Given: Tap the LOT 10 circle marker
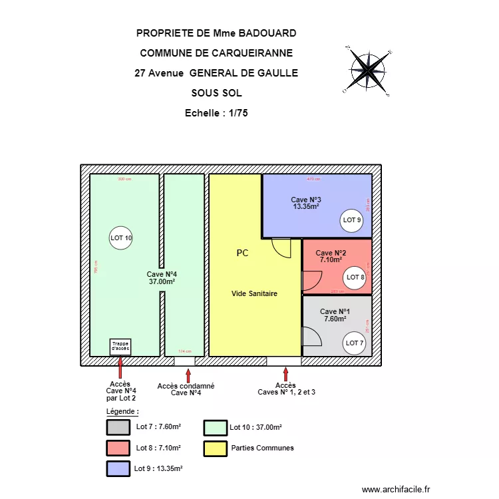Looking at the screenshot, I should click(x=121, y=238).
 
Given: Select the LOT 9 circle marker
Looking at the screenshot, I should click(x=351, y=220).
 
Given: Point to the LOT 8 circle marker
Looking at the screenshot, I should click(x=355, y=277).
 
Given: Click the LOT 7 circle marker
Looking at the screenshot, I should click(x=354, y=343).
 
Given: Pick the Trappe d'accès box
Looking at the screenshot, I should click(x=120, y=347).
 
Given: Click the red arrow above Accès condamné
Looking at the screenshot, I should click(x=190, y=377).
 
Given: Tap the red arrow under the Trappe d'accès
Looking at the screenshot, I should click(x=120, y=367).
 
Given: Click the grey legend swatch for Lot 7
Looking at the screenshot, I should click(x=118, y=427).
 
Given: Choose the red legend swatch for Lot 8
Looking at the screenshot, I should click(x=118, y=448).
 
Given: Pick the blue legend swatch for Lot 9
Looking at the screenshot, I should click(x=118, y=468).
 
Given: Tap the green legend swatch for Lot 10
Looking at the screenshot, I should click(x=216, y=427).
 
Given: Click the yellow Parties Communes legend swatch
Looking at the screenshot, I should click(x=216, y=448).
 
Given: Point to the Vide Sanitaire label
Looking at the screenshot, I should click(x=254, y=293).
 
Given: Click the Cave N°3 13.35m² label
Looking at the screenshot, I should click(x=306, y=203).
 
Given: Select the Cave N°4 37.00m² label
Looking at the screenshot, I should click(x=162, y=277).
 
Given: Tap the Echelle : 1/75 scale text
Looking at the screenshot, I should click(x=216, y=113).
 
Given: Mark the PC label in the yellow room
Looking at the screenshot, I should click(x=242, y=253).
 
